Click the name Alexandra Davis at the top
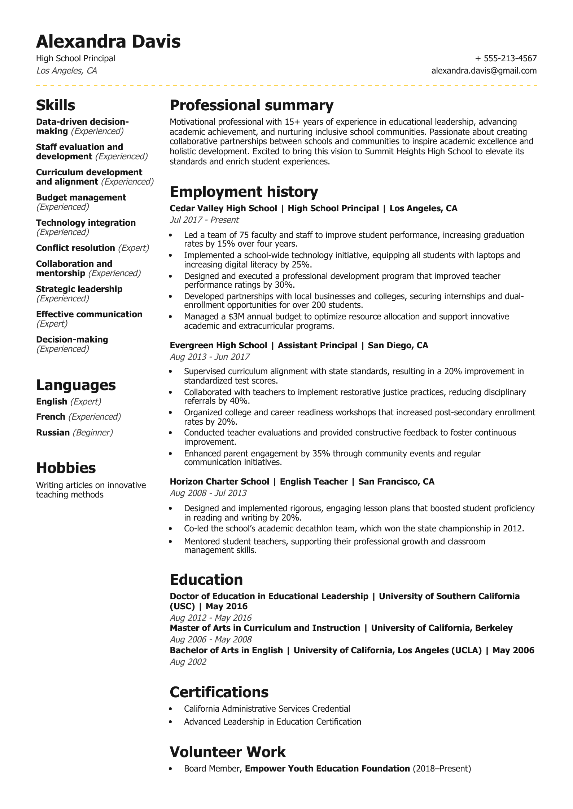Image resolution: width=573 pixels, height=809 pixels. [108, 41]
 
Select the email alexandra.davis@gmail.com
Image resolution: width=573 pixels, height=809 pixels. [484, 71]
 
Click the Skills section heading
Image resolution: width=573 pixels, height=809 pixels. [56, 105]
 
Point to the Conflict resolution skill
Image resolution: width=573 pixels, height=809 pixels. [75, 248]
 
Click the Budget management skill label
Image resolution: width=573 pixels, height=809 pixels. [81, 198]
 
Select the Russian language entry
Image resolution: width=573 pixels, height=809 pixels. [53, 433]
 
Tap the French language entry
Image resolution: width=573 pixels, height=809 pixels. [51, 417]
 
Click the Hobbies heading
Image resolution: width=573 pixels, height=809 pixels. [66, 468]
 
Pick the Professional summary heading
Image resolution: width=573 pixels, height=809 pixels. [251, 105]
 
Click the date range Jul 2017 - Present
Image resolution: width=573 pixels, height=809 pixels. [204, 220]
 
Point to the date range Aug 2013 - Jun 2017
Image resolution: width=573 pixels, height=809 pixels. [210, 357]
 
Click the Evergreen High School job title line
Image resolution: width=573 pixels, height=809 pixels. [299, 345]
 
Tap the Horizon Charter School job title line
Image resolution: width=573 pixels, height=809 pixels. [302, 482]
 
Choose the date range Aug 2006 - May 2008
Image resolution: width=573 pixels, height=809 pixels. [211, 640]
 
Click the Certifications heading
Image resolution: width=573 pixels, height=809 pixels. [219, 692]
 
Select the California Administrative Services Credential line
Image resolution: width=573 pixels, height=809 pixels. [267, 709]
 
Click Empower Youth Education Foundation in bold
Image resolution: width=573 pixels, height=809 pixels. [327, 769]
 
